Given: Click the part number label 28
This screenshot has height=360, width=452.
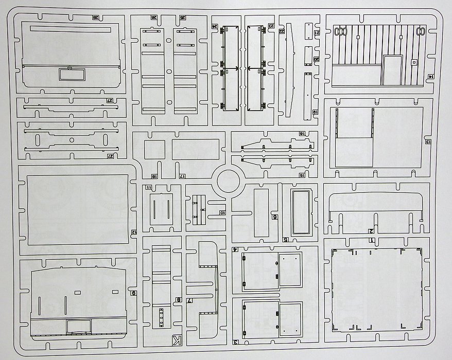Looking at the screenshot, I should [96, 17].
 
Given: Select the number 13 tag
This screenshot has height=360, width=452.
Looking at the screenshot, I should [428, 141].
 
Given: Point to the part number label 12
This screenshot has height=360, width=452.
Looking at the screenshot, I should [133, 232].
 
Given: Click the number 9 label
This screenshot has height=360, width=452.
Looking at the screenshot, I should [133, 293].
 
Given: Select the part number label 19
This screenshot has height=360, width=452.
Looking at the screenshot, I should [315, 111].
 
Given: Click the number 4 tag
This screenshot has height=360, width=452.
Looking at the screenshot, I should [235, 249].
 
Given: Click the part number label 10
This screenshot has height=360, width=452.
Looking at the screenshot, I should [222, 212].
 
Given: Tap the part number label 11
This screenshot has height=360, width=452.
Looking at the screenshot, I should [149, 187].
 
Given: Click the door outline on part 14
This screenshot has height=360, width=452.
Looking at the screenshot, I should [393, 70].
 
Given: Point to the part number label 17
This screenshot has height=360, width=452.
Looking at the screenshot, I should [182, 176].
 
